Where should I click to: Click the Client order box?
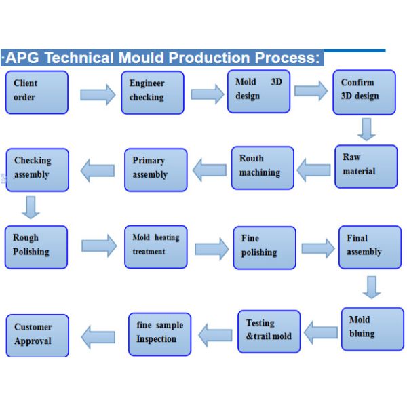point(37,92)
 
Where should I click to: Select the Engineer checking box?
point(153,92)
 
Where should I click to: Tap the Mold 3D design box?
point(258,91)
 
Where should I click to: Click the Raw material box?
point(366,166)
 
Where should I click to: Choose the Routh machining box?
point(263,168)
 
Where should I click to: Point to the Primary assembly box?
point(155,169)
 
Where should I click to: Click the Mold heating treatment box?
point(156,246)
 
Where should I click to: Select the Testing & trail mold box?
point(269,332)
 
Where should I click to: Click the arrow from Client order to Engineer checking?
point(98,94)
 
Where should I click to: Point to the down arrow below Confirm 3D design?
point(367,130)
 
